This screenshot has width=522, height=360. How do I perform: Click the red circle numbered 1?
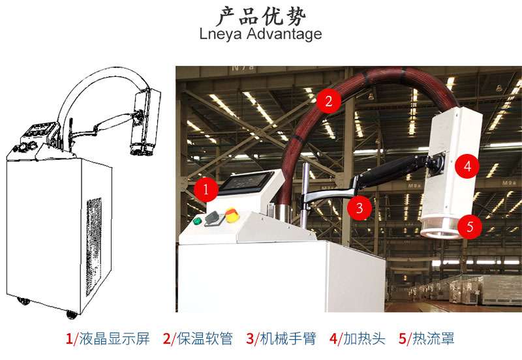[206, 189]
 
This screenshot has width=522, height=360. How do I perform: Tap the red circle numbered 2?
[329, 101]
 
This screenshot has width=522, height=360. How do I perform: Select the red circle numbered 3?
[360, 208]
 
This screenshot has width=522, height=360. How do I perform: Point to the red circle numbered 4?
[467, 166]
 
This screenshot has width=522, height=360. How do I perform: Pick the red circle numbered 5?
[470, 226]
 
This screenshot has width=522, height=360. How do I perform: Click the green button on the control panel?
[198, 220]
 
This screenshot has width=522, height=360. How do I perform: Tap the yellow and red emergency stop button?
[232, 215]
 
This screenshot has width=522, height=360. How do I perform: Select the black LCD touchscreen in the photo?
[246, 182]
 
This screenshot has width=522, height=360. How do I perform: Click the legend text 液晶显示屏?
[114, 338]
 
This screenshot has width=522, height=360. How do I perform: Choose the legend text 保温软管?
[204, 338]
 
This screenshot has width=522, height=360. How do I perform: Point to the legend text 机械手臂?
[288, 338]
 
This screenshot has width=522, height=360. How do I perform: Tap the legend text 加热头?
[364, 338]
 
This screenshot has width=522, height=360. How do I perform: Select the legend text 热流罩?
[433, 338]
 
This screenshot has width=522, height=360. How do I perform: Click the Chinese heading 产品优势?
[262, 16]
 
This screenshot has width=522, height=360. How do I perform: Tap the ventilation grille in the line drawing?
[94, 247]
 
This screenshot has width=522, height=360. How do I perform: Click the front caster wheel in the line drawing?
[72, 314]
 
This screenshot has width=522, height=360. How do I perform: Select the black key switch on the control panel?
[211, 218]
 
